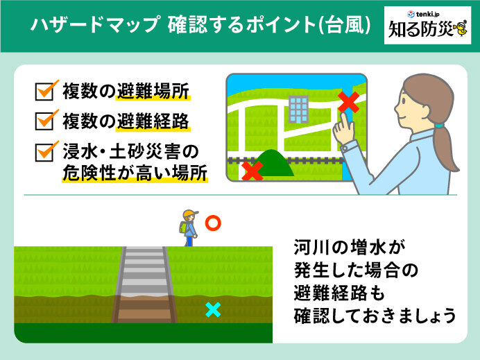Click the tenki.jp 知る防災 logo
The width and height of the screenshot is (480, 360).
point(427,26)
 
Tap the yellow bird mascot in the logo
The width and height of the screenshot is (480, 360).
point(461,29)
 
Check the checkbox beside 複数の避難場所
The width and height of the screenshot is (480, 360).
point(44,92)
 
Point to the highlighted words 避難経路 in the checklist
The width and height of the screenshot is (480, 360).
point(153,121)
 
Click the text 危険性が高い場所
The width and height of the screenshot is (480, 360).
point(135,173)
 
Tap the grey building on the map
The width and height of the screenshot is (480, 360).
point(298,109)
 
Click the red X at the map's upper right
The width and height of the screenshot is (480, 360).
point(349,102)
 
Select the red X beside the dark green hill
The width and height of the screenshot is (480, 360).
point(252,171)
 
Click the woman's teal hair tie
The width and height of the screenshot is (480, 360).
point(440,125)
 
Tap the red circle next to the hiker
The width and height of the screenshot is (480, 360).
point(213,223)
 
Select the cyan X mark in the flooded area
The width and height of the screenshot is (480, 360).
point(213,309)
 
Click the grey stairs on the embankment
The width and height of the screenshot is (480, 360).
point(144,284)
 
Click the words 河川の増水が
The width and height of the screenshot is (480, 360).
point(350,247)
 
